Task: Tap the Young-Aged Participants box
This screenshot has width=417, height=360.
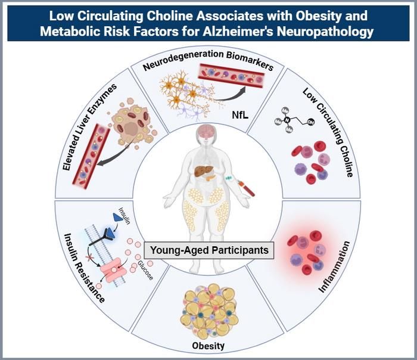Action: (x=209, y=250)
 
